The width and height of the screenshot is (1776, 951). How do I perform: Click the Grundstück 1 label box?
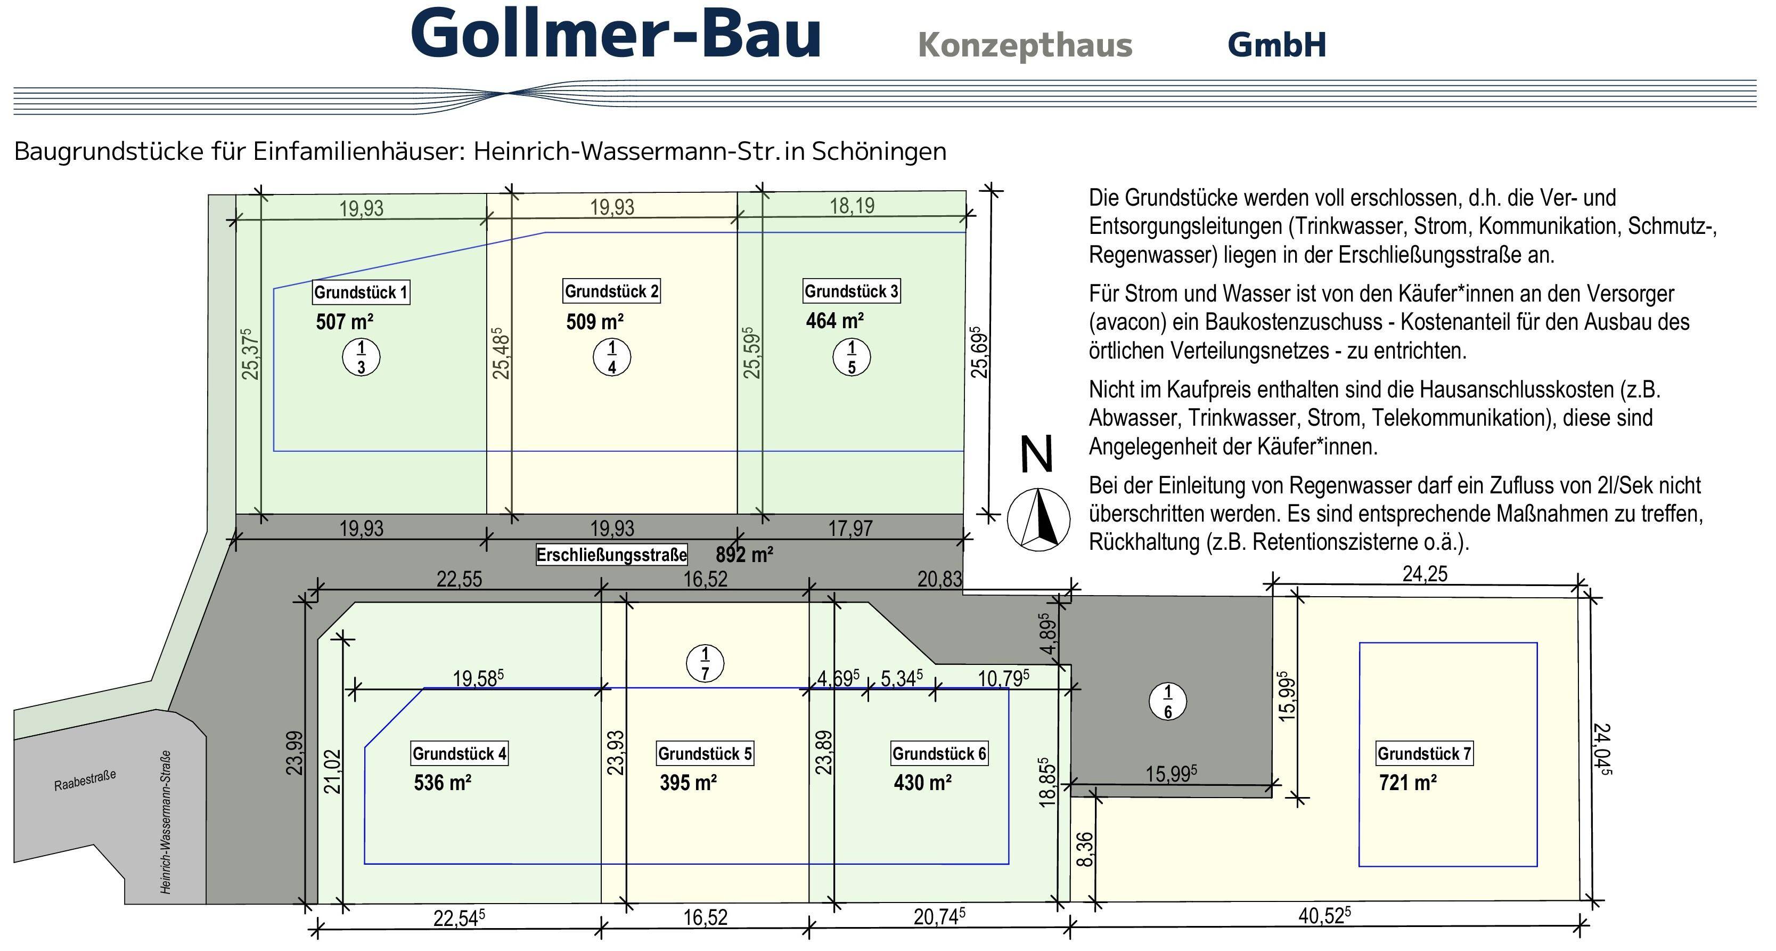point(361,292)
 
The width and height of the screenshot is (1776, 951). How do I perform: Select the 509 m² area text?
point(595,322)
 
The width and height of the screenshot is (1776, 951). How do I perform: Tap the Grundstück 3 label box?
point(852,291)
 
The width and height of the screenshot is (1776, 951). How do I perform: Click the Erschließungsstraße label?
point(611,555)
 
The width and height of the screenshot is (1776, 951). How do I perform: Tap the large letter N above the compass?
point(1036,454)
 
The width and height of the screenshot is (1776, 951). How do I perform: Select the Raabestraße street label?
point(85,781)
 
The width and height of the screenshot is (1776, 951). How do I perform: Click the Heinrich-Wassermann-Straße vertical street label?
point(166,822)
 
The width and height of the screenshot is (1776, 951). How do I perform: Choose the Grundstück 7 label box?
point(1425,754)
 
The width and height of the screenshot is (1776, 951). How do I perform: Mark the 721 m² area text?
point(1408,783)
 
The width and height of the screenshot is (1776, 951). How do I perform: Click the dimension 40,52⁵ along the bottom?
point(1324,915)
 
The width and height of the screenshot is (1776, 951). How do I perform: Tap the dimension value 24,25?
point(1425,574)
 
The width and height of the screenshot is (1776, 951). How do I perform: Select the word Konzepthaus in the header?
point(1025,45)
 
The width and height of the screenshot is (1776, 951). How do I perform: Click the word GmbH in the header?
point(1277,45)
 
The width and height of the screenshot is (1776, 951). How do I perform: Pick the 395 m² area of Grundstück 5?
point(688,783)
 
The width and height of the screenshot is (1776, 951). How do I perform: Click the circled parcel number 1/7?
point(705,663)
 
